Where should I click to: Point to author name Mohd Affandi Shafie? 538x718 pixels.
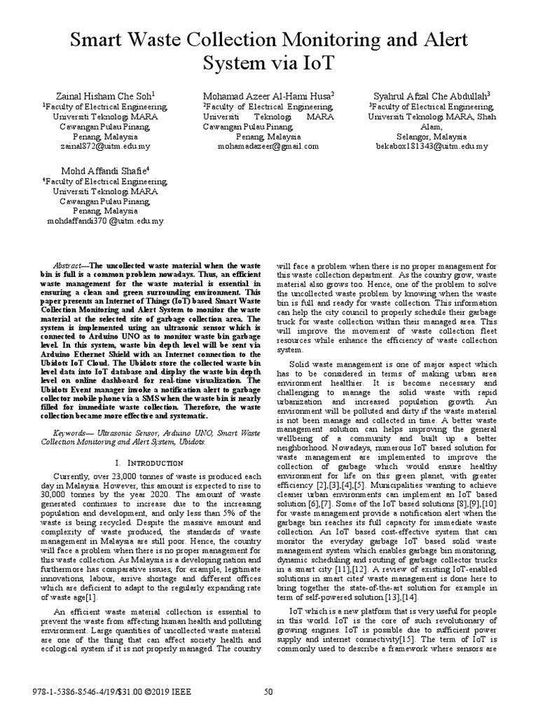[102, 170]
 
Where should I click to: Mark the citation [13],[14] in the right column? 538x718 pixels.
[381, 597]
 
